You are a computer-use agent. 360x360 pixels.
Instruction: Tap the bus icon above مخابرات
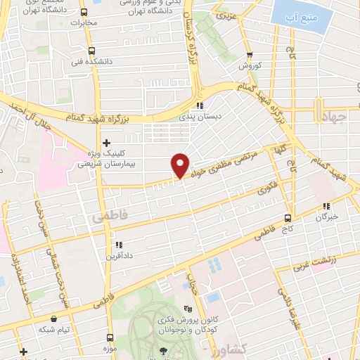(84, 12)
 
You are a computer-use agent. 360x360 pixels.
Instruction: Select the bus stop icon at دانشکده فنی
(91, 51)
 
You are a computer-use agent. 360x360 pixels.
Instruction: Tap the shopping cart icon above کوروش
(250, 55)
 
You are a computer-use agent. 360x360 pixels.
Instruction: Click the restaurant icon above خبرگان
(326, 206)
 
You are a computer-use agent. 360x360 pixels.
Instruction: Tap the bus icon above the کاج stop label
(288, 217)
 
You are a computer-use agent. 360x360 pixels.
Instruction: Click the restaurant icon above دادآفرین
(118, 245)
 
